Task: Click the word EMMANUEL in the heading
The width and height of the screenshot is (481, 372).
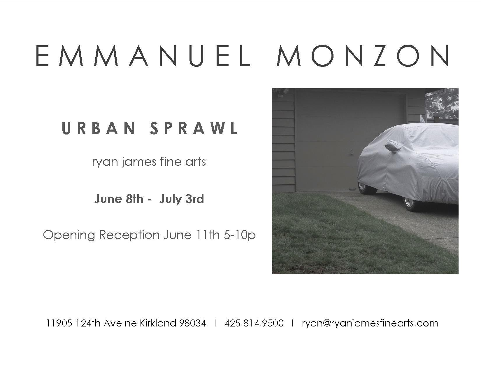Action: [143, 56]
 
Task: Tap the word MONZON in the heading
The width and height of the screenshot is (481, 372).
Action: [363, 56]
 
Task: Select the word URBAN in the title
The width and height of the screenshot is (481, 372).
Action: [99, 128]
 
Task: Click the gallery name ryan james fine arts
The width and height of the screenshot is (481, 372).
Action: [149, 162]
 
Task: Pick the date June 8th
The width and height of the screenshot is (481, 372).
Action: [119, 199]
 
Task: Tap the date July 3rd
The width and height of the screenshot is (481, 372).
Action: [182, 199]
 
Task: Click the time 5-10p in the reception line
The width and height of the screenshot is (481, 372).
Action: [240, 235]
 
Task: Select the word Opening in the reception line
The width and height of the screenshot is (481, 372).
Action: [69, 235]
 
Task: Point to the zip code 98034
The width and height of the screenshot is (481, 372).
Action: [192, 323]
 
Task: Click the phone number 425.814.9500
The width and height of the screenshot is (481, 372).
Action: [254, 323]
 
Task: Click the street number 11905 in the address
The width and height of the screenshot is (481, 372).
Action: [59, 323]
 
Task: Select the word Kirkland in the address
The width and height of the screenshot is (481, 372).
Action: [158, 323]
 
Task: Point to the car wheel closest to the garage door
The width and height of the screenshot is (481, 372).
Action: [366, 188]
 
